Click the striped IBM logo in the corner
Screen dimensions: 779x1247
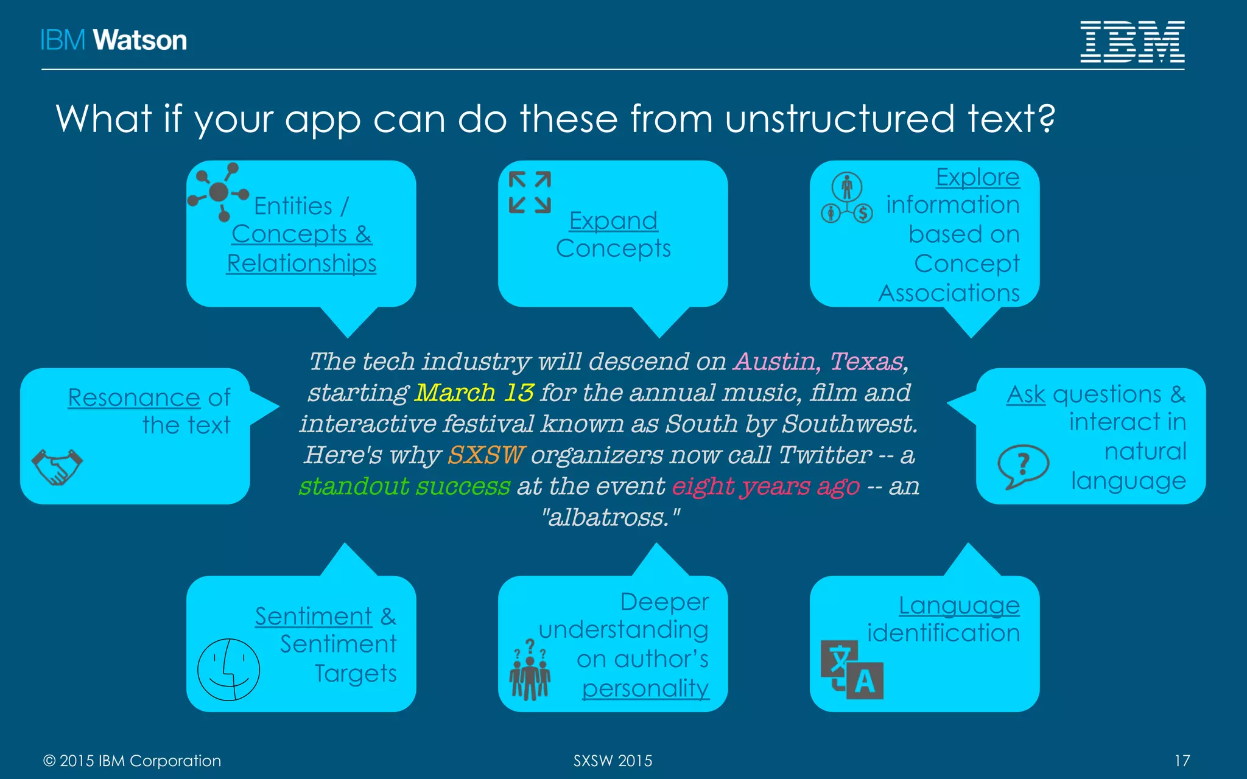1132,41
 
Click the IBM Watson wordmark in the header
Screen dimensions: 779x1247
114,40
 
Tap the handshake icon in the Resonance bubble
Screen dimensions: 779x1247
57,467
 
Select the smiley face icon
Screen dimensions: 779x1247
228,669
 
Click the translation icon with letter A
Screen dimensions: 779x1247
851,670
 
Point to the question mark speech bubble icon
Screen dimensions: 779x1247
1022,466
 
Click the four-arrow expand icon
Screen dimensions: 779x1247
530,192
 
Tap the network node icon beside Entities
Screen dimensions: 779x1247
219,192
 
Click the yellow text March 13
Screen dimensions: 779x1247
475,393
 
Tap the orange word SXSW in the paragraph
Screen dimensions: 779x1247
486,455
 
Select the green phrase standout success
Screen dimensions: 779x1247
404,486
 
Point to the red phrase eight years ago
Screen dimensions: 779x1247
765,486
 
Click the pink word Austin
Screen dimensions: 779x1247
774,362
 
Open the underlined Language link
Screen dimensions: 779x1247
958,605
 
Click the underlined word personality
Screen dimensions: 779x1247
645,688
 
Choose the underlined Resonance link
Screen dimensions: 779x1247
134,397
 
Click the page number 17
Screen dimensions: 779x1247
1182,761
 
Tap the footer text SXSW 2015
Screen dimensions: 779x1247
613,761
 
